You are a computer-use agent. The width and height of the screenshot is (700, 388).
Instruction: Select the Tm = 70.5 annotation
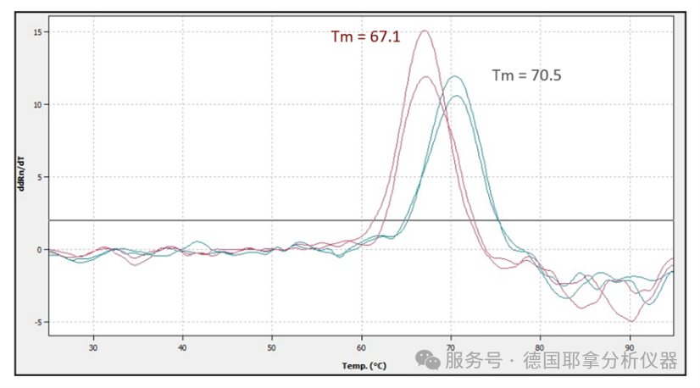tap(526, 75)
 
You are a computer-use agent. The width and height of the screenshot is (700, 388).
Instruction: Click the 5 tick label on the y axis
tap(37, 178)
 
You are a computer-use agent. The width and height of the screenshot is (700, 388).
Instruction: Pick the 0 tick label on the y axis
tap(37, 250)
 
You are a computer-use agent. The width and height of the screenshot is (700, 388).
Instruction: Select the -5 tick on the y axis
tap(36, 323)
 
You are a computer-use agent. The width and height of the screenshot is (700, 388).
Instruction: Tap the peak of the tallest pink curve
tap(424, 31)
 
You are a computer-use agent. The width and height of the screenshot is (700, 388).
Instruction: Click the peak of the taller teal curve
tap(456, 76)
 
